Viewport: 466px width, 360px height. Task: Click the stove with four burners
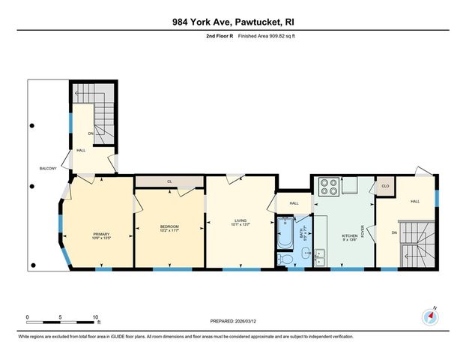point(329,186)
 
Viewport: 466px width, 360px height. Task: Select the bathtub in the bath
point(286,232)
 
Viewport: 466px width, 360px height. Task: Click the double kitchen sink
point(320,257)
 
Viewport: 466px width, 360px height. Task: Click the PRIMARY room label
point(101,234)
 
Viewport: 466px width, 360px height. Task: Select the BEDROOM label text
point(170,226)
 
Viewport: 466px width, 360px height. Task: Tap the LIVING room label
point(240,220)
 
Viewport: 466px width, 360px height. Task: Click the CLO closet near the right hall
point(385,186)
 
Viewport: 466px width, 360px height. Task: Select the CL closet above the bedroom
point(169,181)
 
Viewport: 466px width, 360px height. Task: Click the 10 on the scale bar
point(96,317)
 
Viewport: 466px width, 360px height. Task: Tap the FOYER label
point(362,232)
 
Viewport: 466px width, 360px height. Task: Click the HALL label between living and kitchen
point(294,202)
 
